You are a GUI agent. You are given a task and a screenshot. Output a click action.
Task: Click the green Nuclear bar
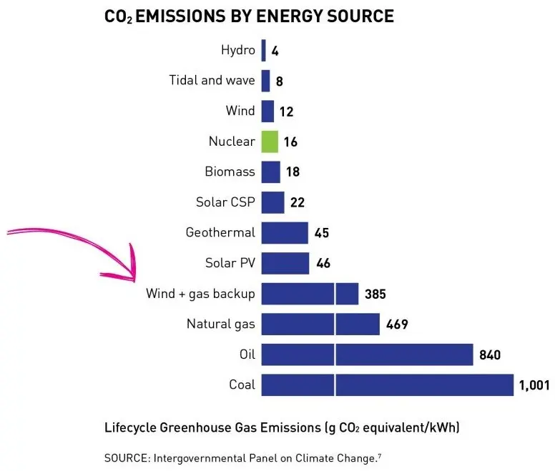pyautogui.click(x=269, y=142)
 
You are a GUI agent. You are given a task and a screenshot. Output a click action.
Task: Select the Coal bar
pyautogui.click(x=387, y=385)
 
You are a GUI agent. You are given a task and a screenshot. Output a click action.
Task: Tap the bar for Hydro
pyautogui.click(x=263, y=50)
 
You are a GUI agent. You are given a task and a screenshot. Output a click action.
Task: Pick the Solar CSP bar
pyautogui.click(x=272, y=202)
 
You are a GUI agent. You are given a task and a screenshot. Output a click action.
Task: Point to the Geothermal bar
pyautogui.click(x=285, y=232)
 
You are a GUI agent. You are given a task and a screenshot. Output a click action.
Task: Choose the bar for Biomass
pyautogui.click(x=270, y=172)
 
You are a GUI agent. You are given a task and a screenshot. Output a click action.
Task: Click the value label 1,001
pyautogui.click(x=534, y=386)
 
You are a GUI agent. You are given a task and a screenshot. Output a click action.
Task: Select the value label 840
pyautogui.click(x=490, y=355)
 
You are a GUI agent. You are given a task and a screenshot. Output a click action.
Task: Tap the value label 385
pyautogui.click(x=375, y=294)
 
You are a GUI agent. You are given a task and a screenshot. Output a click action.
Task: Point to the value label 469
pyautogui.click(x=396, y=325)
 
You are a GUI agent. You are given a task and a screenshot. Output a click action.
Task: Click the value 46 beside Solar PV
pyautogui.click(x=323, y=264)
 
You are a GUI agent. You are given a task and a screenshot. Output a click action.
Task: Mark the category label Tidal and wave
pyautogui.click(x=212, y=80)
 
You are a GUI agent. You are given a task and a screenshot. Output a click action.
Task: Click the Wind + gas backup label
pyautogui.click(x=200, y=294)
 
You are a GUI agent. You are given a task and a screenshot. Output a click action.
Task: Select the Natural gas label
pyautogui.click(x=220, y=324)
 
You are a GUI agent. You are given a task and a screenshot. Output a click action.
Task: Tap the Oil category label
pyautogui.click(x=247, y=355)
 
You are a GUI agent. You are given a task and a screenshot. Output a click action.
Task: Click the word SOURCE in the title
pyautogui.click(x=358, y=16)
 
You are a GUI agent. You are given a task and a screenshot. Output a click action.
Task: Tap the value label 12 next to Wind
pyautogui.click(x=287, y=112)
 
